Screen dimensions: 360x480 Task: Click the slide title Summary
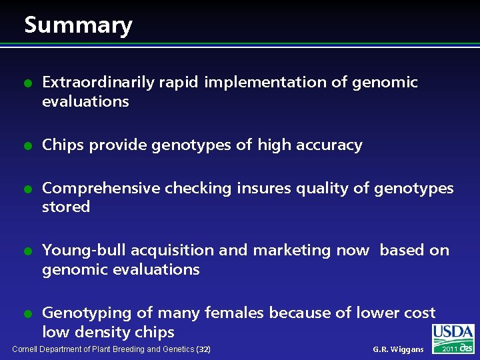coord(78,25)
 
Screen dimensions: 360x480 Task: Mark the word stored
coord(65,207)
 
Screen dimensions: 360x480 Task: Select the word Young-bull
coord(84,251)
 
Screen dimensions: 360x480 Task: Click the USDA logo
coord(453,333)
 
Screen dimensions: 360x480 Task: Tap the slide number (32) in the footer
coord(203,349)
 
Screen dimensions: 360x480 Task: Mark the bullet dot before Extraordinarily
coord(27,83)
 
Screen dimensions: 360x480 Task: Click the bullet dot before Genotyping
coord(27,313)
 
